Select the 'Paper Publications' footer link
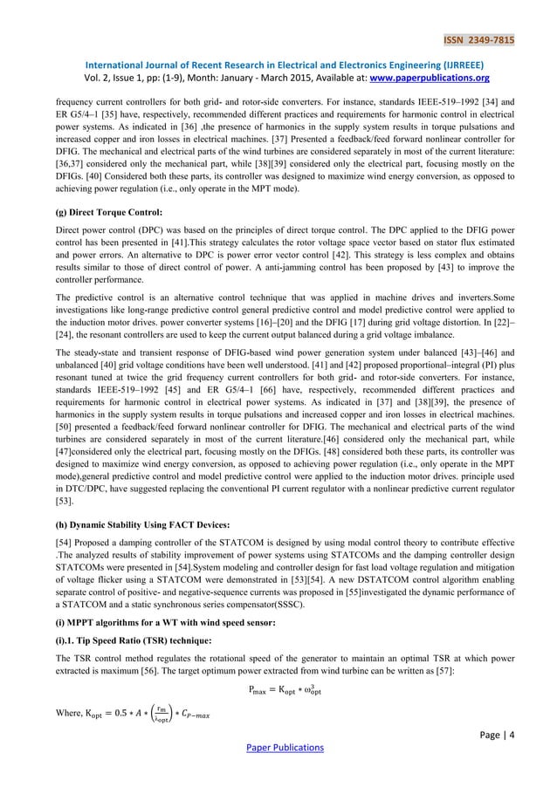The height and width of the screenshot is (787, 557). pyautogui.click(x=278, y=749)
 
